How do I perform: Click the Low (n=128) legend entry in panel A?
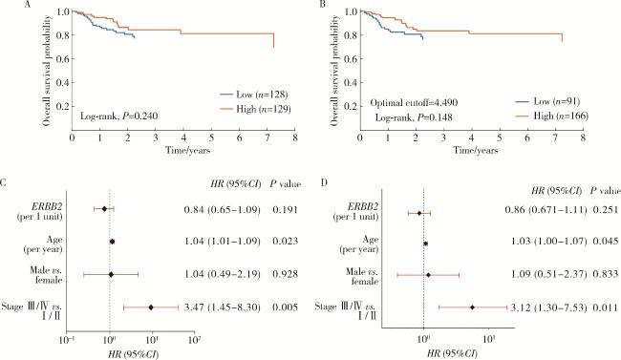click(x=254, y=95)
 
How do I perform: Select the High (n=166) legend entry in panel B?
click(x=551, y=116)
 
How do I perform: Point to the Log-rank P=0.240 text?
click(x=118, y=116)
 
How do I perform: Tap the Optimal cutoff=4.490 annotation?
click(x=414, y=102)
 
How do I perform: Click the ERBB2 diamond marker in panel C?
click(x=104, y=209)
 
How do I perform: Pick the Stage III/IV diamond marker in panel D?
click(x=472, y=307)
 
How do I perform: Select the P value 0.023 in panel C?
click(x=285, y=242)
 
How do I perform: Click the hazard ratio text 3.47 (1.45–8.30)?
click(x=223, y=307)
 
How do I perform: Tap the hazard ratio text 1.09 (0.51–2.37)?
click(x=549, y=274)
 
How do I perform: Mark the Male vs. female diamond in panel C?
click(x=111, y=274)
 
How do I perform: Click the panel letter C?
click(x=3, y=183)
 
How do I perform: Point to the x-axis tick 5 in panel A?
click(x=211, y=138)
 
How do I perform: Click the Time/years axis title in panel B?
click(x=476, y=150)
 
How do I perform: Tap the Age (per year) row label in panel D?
click(x=359, y=244)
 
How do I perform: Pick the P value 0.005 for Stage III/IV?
click(x=285, y=307)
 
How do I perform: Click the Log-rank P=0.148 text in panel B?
click(x=414, y=117)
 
